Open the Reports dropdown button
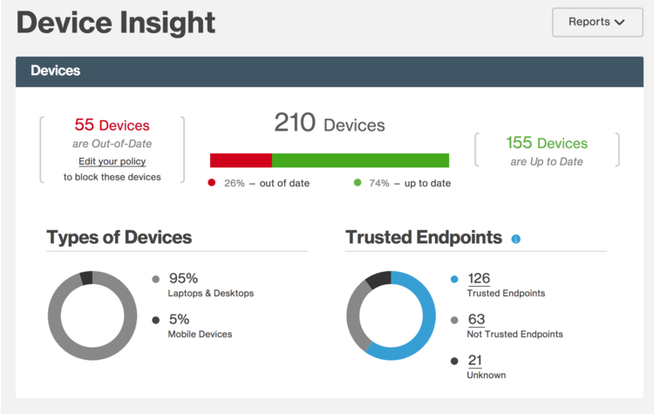[x=596, y=22]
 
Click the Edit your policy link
[x=112, y=161]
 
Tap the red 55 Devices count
[x=112, y=126]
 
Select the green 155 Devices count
[x=547, y=143]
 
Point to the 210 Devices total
[x=329, y=124]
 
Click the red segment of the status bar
[x=241, y=160]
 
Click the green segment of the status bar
[x=360, y=160]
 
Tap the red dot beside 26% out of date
[x=211, y=183]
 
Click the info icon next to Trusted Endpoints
[x=515, y=238]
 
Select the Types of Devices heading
[x=119, y=237]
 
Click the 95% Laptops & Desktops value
[x=183, y=279]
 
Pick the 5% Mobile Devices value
[x=178, y=319]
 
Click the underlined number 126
[x=479, y=279]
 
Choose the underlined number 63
[x=476, y=319]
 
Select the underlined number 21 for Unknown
[x=475, y=360]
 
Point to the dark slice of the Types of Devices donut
[x=85, y=278]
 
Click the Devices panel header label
[x=56, y=71]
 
